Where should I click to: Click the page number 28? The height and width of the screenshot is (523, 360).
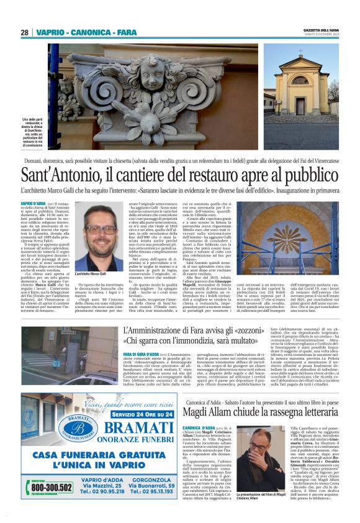[24, 32]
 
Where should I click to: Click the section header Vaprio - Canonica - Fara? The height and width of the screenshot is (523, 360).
[86, 32]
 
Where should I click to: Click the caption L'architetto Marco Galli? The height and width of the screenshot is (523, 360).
[90, 274]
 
